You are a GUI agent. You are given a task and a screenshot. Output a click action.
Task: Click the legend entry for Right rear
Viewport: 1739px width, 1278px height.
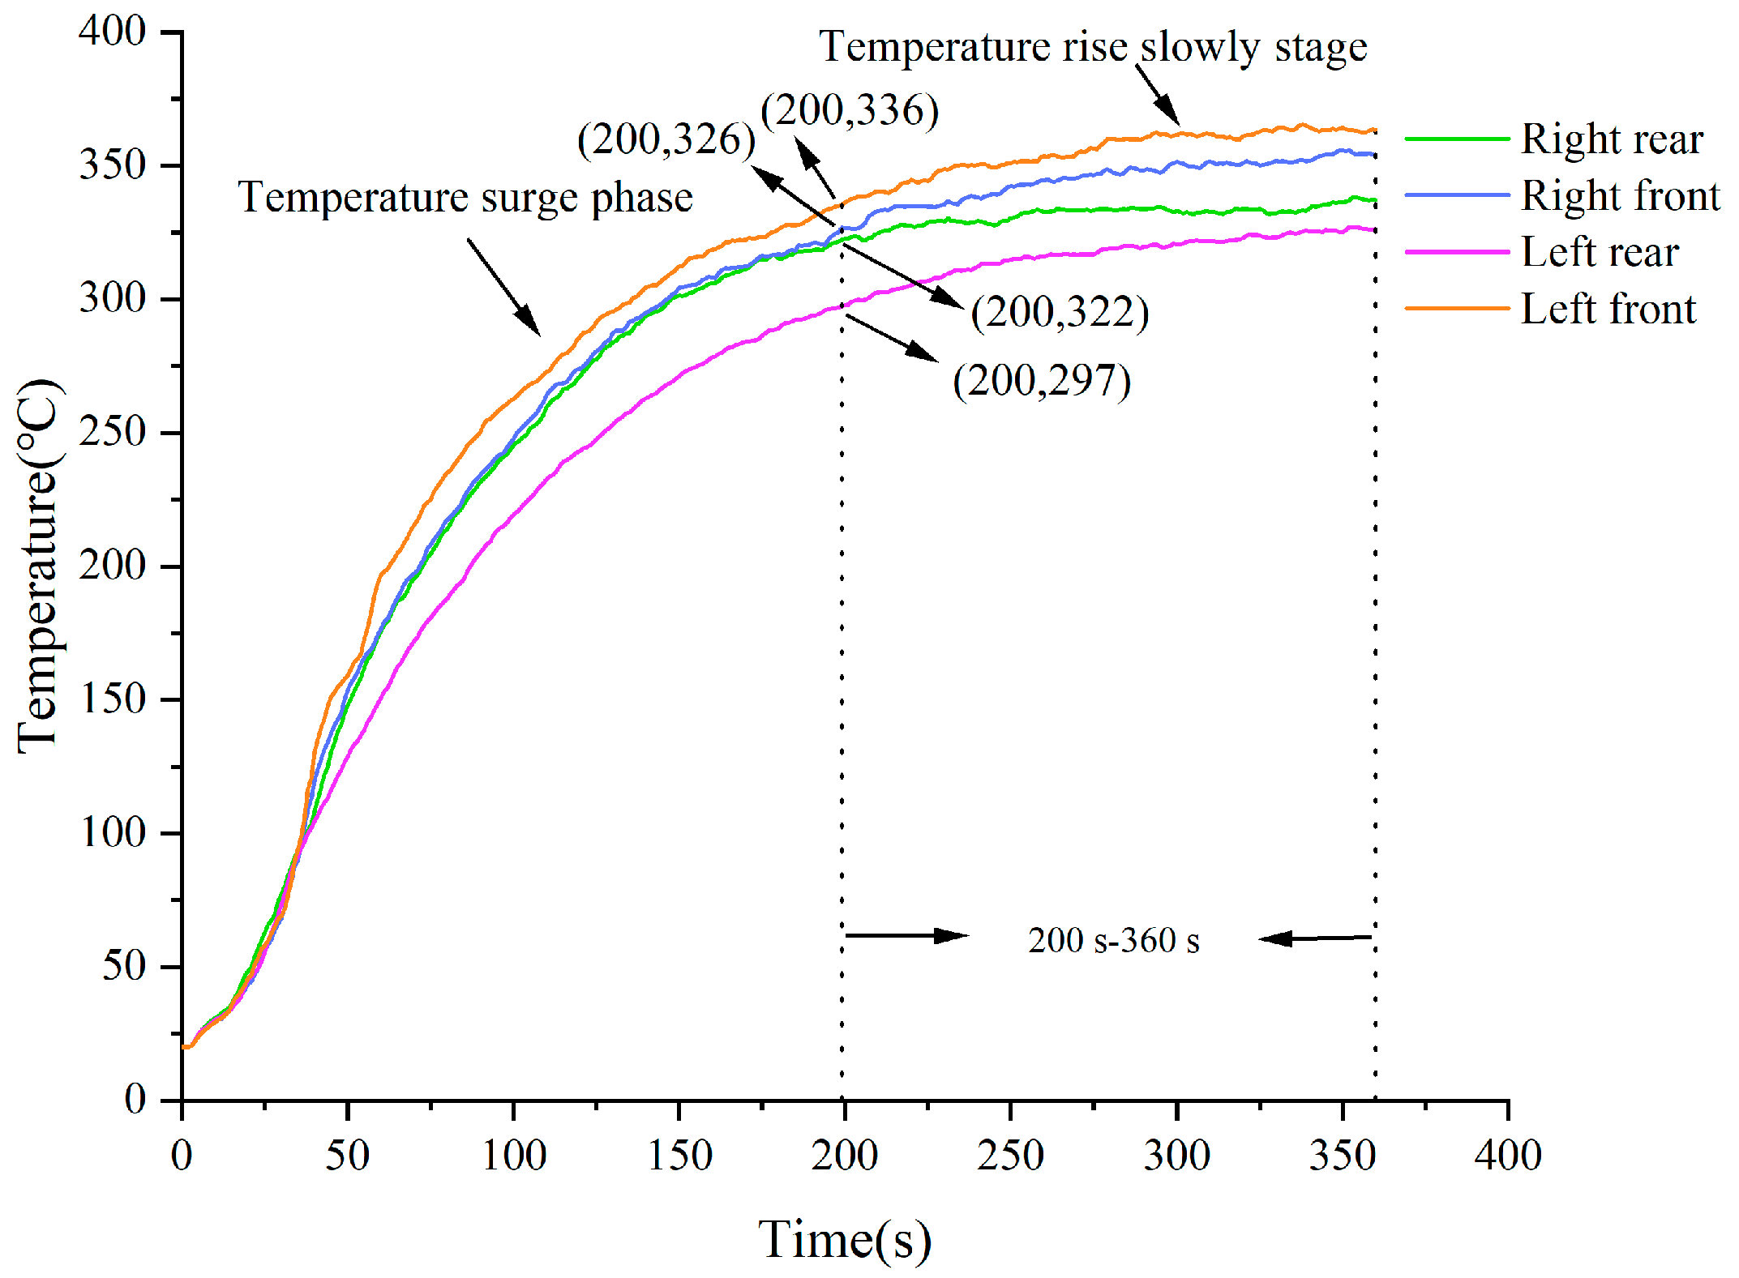[x=1554, y=139]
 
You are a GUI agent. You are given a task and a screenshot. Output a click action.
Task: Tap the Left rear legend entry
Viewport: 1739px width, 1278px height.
[x=1542, y=251]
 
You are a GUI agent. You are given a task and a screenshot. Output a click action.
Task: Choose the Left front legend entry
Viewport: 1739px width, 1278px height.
[x=1551, y=308]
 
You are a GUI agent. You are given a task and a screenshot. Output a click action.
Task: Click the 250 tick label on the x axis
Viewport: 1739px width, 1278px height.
[x=1010, y=1155]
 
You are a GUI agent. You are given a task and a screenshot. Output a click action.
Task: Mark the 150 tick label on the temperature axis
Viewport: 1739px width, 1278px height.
[x=113, y=699]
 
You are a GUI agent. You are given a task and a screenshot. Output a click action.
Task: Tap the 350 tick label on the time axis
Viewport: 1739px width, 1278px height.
[x=1343, y=1155]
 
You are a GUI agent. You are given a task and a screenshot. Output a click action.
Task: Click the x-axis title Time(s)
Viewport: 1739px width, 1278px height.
[x=845, y=1241]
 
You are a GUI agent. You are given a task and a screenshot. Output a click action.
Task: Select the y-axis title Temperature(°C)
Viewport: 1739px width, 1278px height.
[x=38, y=566]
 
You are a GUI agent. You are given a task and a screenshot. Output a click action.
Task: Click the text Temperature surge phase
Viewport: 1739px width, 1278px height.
[x=465, y=198]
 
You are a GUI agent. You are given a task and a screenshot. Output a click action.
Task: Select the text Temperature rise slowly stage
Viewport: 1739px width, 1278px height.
[x=1093, y=47]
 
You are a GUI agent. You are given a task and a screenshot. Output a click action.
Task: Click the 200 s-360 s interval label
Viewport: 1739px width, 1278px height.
[x=1114, y=941]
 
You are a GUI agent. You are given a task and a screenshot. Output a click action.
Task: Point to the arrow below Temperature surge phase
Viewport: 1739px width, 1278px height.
[x=503, y=287]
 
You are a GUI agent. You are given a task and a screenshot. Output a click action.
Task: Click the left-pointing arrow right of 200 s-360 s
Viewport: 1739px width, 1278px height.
[x=1314, y=938]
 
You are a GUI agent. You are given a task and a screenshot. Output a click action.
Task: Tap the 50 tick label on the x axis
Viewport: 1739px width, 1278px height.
[x=348, y=1155]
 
